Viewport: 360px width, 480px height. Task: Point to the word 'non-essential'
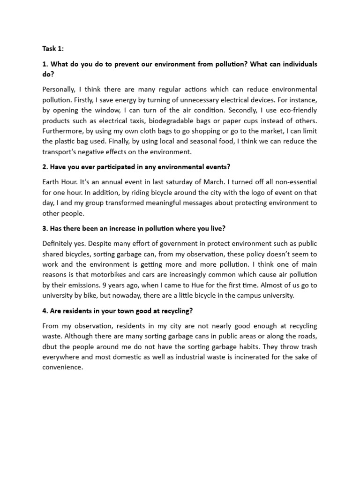coord(294,182)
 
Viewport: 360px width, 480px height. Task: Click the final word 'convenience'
coord(62,367)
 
